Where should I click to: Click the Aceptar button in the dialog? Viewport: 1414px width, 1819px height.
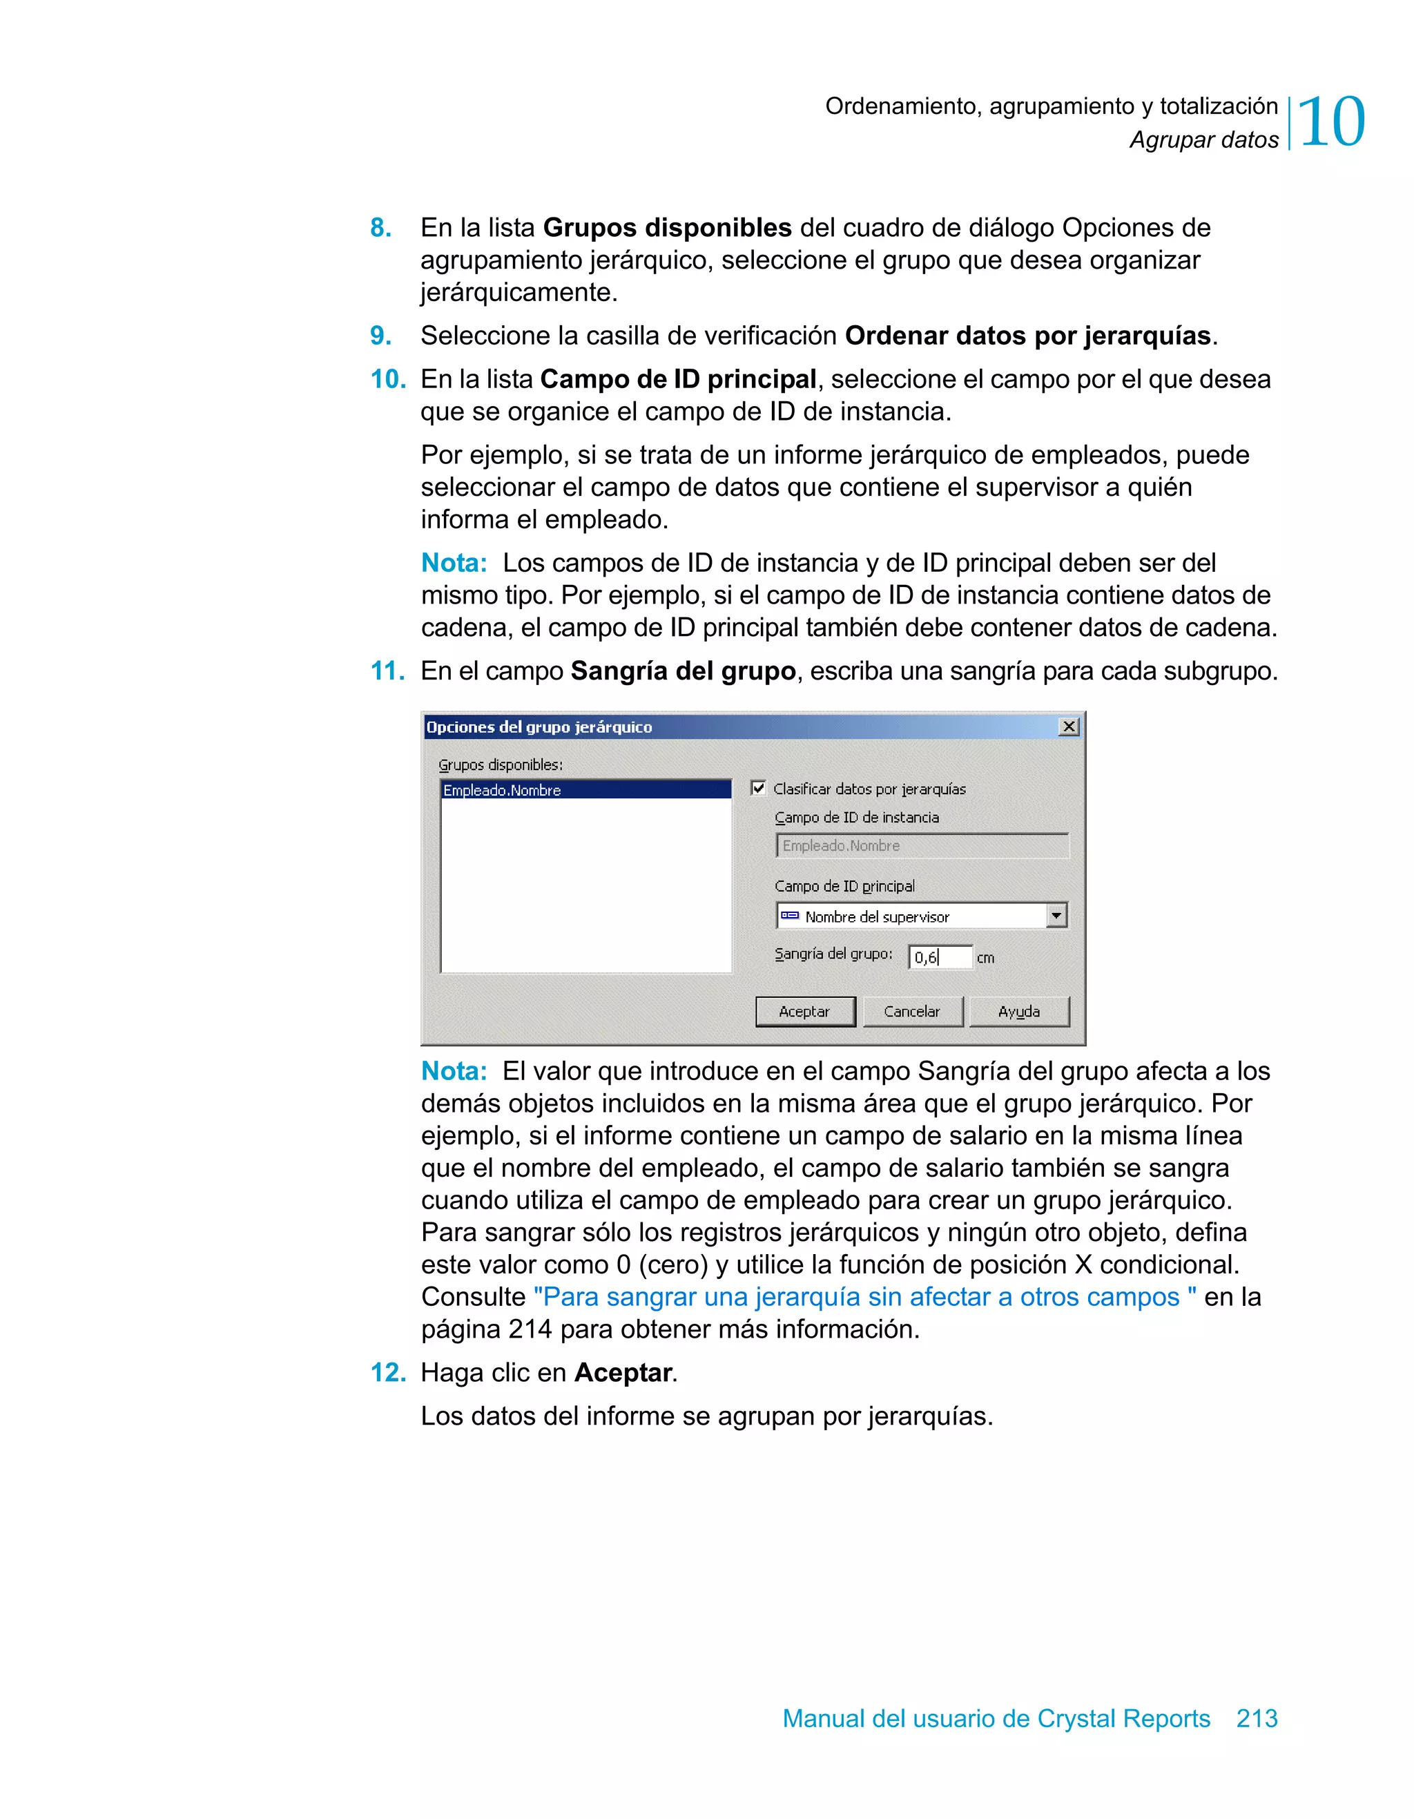click(x=804, y=1011)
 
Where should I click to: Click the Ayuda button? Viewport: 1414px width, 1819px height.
click(x=1018, y=1011)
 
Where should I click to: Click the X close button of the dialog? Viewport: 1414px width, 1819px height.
click(x=1068, y=726)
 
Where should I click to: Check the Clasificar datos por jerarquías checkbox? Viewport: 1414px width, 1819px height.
click(x=759, y=788)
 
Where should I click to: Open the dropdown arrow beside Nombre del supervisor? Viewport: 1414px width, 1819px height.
click(x=1056, y=915)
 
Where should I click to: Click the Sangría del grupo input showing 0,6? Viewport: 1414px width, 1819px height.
click(x=940, y=957)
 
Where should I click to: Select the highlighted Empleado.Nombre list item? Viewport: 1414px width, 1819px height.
click(x=502, y=789)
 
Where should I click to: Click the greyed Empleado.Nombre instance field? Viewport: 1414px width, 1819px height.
click(x=921, y=845)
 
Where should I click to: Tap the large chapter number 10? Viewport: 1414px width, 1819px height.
click(x=1330, y=122)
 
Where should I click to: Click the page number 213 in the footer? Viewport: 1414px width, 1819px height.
click(x=1257, y=1717)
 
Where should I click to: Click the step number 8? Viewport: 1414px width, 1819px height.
click(x=380, y=227)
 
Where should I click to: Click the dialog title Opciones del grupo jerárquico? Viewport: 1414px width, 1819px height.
click(x=539, y=726)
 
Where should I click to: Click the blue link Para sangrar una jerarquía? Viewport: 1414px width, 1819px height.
click(x=864, y=1296)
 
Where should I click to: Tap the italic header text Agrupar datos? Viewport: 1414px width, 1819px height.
click(x=1203, y=140)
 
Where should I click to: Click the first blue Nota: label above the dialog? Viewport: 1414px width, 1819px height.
click(x=454, y=563)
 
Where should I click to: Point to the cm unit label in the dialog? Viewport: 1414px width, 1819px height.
click(x=985, y=958)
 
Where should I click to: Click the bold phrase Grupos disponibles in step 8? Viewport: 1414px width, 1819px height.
click(x=667, y=227)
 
